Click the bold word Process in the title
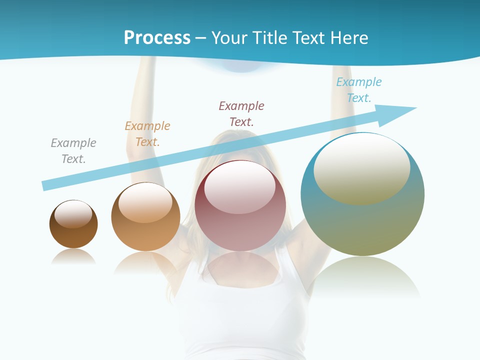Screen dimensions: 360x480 coord(157,38)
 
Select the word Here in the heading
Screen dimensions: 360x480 coord(349,38)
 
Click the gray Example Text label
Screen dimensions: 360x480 coord(73,150)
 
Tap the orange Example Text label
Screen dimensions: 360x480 coord(147,133)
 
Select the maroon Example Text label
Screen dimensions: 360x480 coord(241,113)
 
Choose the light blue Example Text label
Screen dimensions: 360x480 coord(359,89)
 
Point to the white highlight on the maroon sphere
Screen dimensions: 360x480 coord(239,187)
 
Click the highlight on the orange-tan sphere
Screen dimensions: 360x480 coord(145,202)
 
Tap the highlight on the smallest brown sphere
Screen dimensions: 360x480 coord(73,214)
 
